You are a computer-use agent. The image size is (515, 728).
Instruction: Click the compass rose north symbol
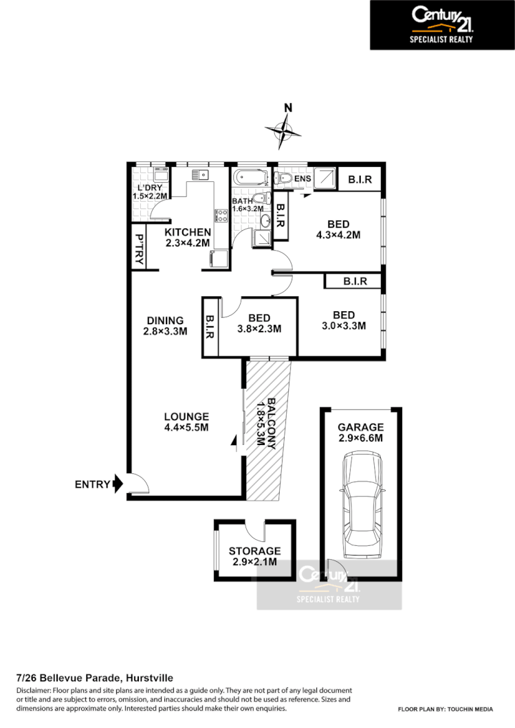pyautogui.click(x=284, y=128)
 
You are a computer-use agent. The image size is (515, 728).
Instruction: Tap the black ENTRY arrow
pyautogui.click(x=117, y=484)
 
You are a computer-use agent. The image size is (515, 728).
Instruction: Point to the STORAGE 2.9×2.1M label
pyautogui.click(x=254, y=556)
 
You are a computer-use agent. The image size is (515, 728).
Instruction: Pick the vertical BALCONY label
pyautogui.click(x=266, y=422)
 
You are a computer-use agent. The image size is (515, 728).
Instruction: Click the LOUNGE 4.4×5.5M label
pyautogui.click(x=186, y=422)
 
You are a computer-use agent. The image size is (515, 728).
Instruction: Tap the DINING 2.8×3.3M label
pyautogui.click(x=165, y=326)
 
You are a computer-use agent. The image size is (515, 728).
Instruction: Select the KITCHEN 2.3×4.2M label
pyautogui.click(x=187, y=237)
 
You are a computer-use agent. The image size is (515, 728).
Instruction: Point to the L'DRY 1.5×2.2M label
pyautogui.click(x=149, y=193)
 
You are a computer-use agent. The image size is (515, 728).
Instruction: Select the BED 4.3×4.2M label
pyautogui.click(x=338, y=229)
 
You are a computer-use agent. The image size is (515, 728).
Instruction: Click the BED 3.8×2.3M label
pyautogui.click(x=259, y=323)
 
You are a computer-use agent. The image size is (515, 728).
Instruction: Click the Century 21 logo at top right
pyautogui.click(x=442, y=25)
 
